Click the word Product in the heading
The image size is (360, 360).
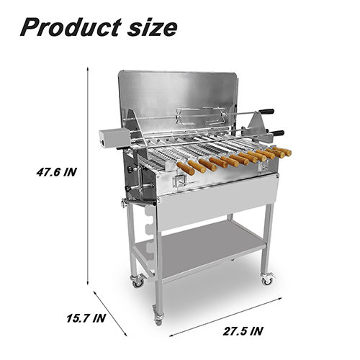tap(71, 27)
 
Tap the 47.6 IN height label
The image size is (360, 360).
tap(56, 172)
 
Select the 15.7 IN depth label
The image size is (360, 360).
tap(86, 318)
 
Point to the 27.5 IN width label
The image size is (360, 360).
tap(243, 331)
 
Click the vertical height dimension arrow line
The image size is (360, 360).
tap(88, 176)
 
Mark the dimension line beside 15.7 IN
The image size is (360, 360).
tap(110, 313)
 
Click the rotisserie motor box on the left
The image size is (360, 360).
tap(114, 138)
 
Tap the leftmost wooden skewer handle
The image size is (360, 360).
tap(186, 168)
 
